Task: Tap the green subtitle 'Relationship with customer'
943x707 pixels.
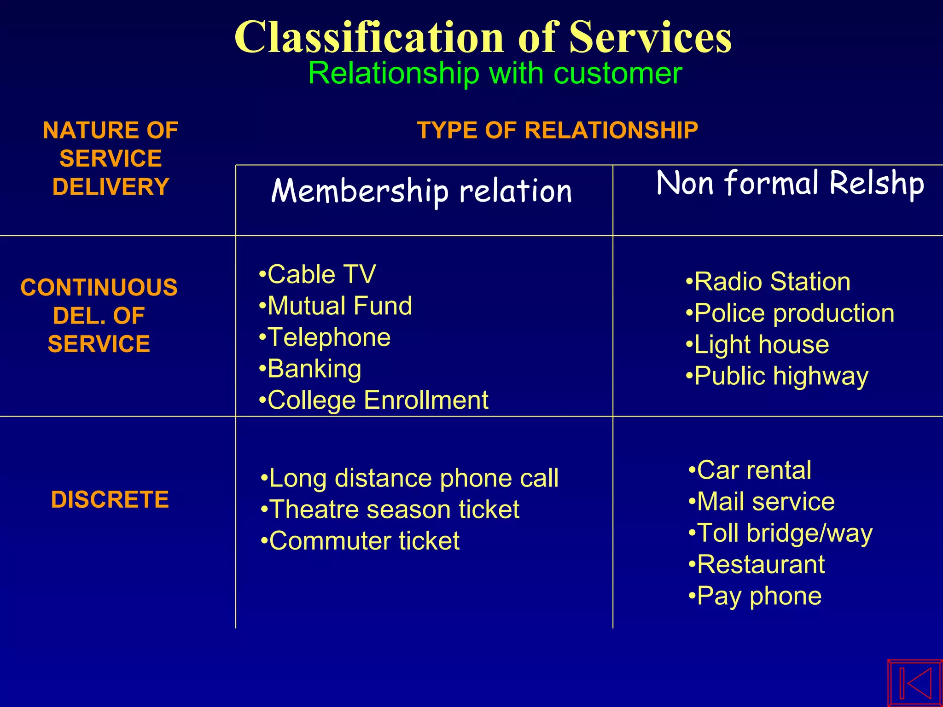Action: tap(495, 73)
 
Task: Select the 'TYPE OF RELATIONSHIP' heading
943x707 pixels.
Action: tap(557, 130)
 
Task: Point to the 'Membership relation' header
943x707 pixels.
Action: tap(421, 191)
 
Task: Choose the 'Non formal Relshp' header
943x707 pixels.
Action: tap(790, 183)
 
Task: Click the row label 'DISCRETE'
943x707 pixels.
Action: tap(110, 499)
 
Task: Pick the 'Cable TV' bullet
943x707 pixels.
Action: tap(321, 274)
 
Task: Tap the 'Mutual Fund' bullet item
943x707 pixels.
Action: tap(339, 306)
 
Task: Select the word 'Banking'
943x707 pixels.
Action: tap(314, 369)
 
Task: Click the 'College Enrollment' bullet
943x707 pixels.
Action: tap(378, 400)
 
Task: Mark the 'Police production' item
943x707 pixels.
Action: tap(794, 313)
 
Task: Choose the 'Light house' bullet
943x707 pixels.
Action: tap(762, 344)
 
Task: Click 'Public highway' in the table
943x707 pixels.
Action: tap(781, 376)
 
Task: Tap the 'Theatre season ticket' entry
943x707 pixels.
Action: tap(394, 510)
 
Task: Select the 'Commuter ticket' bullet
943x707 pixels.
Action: tap(364, 541)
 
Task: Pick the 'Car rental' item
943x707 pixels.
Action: tap(754, 470)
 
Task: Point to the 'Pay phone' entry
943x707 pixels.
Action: tap(759, 596)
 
